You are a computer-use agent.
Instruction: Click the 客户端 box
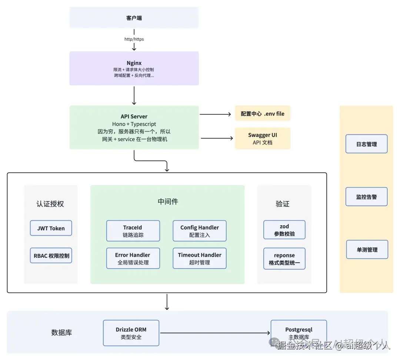click(x=134, y=18)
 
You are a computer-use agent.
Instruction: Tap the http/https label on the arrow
click(x=134, y=39)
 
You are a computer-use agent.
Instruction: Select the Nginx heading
click(x=134, y=63)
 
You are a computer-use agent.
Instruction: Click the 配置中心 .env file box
click(x=263, y=114)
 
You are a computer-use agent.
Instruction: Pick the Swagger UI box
click(x=263, y=139)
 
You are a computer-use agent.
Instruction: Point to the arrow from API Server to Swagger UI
click(x=216, y=139)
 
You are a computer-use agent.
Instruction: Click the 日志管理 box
click(x=366, y=144)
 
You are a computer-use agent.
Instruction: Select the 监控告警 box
click(x=366, y=197)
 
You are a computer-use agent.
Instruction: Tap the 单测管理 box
click(x=367, y=250)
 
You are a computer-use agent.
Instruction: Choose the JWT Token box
click(x=51, y=228)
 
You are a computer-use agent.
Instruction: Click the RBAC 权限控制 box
click(x=51, y=256)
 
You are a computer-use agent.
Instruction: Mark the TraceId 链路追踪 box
click(x=133, y=231)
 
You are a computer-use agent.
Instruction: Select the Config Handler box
click(x=200, y=231)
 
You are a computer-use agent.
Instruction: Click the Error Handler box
click(x=133, y=259)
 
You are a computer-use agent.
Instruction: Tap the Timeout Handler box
click(x=200, y=259)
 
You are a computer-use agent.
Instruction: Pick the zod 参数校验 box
click(x=284, y=230)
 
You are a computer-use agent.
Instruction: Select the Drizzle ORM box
click(x=131, y=333)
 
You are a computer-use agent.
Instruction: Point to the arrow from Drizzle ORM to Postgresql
click(x=215, y=333)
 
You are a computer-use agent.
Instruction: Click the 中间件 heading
click(x=168, y=201)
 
